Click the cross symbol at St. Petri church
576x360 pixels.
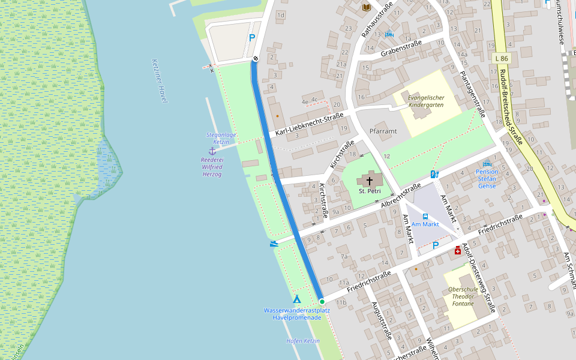[370, 180]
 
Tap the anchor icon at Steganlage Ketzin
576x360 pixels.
[212, 151]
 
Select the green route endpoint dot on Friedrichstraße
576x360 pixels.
[322, 301]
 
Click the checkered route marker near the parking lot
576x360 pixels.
[255, 58]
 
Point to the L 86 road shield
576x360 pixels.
[502, 58]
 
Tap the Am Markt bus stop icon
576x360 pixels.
[425, 216]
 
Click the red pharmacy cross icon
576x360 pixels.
[458, 250]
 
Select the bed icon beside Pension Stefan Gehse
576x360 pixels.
[487, 163]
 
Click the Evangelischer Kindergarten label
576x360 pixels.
[426, 101]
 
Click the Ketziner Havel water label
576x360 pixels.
[160, 81]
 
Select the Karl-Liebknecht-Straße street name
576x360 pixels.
[309, 124]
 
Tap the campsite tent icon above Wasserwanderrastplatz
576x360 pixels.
[296, 299]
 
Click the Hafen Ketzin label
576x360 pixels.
[303, 341]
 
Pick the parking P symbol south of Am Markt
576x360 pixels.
[436, 245]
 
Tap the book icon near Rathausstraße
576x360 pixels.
[367, 7]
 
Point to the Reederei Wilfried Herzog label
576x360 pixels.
[212, 167]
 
